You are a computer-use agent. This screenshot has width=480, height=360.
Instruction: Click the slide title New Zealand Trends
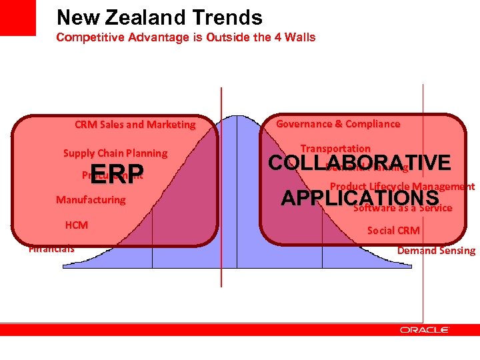159,17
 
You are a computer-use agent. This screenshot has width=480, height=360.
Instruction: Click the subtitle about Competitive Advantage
185,37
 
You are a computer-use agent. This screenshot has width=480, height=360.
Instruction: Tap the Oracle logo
424,329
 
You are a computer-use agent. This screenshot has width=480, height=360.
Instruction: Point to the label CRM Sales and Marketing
135,124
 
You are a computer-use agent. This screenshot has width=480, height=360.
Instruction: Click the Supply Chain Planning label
115,153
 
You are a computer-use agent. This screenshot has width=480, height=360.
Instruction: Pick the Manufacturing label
91,199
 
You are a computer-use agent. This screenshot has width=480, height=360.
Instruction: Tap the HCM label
77,225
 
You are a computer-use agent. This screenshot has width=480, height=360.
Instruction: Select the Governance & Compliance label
338,123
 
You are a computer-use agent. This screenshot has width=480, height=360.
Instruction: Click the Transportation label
335,148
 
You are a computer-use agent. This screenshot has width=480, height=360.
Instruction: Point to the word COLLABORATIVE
359,163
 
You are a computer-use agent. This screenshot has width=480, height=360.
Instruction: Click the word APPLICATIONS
359,198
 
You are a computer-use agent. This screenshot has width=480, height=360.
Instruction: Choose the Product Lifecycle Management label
403,187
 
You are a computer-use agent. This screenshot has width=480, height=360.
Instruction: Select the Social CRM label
393,231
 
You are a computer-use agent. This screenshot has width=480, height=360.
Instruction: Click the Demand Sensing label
436,251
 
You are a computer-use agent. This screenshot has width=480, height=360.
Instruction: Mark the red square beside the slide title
18,18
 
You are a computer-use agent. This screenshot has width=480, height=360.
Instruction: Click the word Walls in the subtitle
301,37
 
